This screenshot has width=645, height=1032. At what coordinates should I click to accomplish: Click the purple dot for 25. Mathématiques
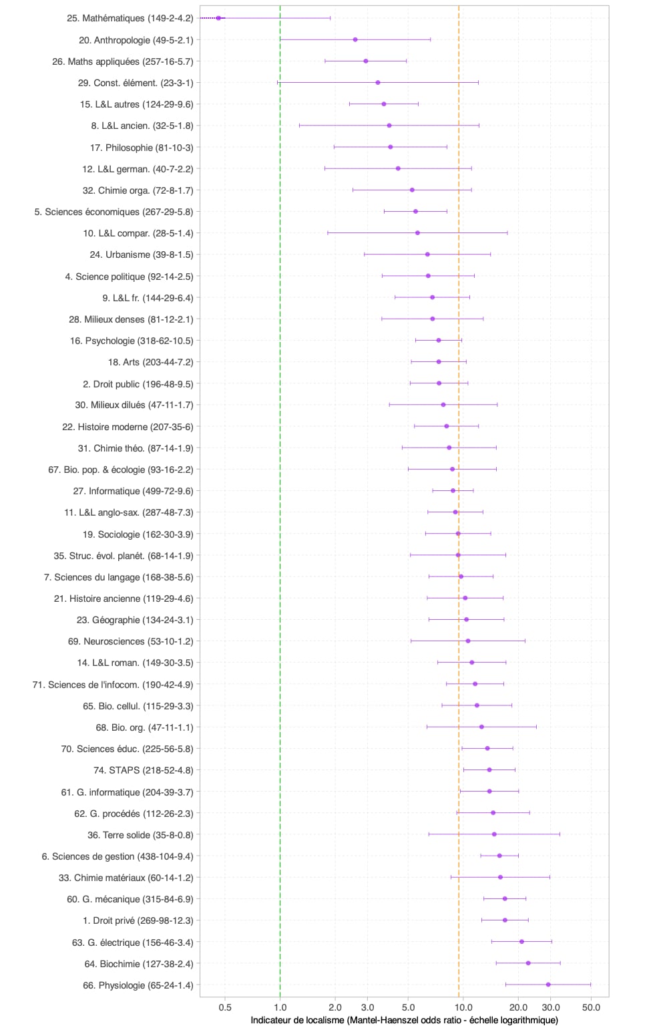[218, 18]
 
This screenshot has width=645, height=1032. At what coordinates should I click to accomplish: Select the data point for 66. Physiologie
[548, 985]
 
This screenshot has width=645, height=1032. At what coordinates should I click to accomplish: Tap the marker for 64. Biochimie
[528, 963]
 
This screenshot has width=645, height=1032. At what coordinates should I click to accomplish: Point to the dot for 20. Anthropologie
[355, 40]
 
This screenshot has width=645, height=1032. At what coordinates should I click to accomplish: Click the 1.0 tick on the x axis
[280, 1007]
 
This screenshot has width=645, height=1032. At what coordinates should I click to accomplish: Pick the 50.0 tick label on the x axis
[591, 1007]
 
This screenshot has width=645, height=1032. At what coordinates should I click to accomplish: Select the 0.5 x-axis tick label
[225, 1007]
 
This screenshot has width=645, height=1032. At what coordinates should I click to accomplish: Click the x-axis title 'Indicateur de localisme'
[404, 1020]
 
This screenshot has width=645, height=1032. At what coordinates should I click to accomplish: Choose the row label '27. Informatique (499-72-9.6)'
[133, 491]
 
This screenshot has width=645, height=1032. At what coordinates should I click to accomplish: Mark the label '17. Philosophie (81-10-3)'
[142, 148]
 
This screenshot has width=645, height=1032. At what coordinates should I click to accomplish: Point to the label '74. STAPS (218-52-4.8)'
[143, 770]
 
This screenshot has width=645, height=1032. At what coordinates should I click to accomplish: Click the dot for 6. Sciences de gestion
[499, 856]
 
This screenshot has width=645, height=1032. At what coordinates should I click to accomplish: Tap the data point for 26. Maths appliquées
[366, 61]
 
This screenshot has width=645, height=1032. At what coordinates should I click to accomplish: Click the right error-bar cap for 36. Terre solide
[560, 834]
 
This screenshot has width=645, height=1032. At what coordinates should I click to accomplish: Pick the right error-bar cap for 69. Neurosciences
[525, 641]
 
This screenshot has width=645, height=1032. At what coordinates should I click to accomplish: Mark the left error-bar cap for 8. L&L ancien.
[299, 126]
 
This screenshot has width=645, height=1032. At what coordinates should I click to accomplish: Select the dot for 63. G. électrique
[521, 942]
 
